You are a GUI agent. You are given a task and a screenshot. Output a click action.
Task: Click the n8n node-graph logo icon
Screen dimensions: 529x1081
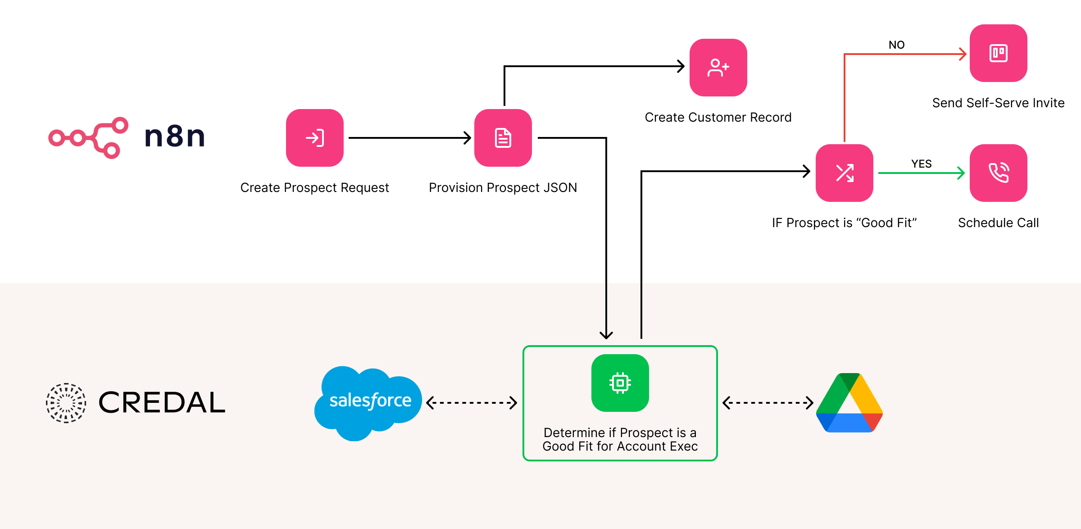point(88,137)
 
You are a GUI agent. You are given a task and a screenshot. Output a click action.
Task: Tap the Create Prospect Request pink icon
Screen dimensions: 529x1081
point(315,138)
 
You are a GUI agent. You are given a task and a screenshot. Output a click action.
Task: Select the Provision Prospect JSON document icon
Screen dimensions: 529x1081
point(503,138)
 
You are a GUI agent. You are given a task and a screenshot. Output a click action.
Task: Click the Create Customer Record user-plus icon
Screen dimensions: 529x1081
point(718,68)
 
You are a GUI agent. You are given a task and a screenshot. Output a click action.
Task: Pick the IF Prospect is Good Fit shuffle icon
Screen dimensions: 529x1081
point(845,173)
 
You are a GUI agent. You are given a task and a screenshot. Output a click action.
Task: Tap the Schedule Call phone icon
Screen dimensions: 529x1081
point(998,173)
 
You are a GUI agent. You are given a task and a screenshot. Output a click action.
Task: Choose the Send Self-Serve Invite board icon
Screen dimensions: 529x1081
point(998,53)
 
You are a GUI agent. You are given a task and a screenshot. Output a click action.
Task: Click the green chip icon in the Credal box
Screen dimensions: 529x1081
point(620,383)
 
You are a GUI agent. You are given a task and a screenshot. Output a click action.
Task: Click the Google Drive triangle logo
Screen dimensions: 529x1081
point(849,403)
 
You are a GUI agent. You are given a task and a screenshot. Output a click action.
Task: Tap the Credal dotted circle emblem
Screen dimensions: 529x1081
point(66,403)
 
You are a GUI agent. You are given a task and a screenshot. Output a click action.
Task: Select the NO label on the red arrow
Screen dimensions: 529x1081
point(896,45)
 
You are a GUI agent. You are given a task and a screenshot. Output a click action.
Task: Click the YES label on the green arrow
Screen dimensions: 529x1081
point(921,164)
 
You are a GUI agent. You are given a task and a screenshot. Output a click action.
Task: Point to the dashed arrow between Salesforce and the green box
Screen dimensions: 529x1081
point(472,402)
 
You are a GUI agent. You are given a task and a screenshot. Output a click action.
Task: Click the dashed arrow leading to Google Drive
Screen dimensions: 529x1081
point(768,402)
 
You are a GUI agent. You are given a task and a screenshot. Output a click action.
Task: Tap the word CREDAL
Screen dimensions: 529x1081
point(162,402)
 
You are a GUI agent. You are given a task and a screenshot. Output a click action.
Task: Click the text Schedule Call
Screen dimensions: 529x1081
point(998,223)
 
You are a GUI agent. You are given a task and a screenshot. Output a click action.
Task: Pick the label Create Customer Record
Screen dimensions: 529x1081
point(718,118)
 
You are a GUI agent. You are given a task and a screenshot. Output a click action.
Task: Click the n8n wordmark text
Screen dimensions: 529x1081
point(175,137)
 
